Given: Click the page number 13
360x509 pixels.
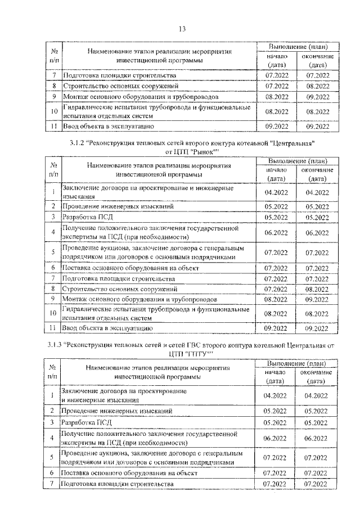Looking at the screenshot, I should coord(182,29).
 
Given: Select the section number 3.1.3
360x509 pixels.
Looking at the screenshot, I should coord(55,344).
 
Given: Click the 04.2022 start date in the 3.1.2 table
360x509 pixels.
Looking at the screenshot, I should coord(276,192).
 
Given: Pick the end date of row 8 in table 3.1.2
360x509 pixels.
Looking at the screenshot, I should coord(317,289).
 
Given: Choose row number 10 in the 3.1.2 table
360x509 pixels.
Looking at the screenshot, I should coord(52,313).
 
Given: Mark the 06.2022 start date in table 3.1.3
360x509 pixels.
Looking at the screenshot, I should coord(276,438).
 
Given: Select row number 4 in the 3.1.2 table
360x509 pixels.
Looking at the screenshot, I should coord(52,232).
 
